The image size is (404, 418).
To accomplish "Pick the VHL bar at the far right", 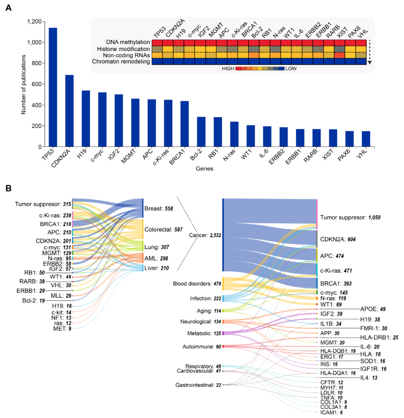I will [x=366, y=139].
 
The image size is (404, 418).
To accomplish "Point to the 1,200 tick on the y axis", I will [x=34, y=22].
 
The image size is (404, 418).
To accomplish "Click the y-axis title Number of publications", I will [x=24, y=85].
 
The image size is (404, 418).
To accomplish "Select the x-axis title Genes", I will [x=204, y=168].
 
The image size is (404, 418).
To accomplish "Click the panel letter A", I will [x=9, y=8].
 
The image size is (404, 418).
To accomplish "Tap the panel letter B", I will [x=9, y=188].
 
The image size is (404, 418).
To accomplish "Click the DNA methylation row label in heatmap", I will [x=128, y=42].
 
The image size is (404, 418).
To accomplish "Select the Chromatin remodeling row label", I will [x=121, y=62].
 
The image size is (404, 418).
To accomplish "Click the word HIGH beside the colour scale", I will [x=228, y=69].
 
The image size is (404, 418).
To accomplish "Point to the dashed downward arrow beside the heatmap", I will [x=369, y=50].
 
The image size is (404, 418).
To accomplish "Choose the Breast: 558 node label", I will [x=159, y=209].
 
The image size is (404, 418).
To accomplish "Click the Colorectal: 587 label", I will [x=163, y=230].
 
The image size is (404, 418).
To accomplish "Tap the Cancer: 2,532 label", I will [x=205, y=235].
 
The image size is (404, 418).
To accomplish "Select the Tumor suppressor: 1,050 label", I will [x=350, y=218].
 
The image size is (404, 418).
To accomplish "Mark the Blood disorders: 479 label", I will [x=197, y=284].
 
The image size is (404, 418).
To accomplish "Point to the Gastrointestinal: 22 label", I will [x=198, y=385].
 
